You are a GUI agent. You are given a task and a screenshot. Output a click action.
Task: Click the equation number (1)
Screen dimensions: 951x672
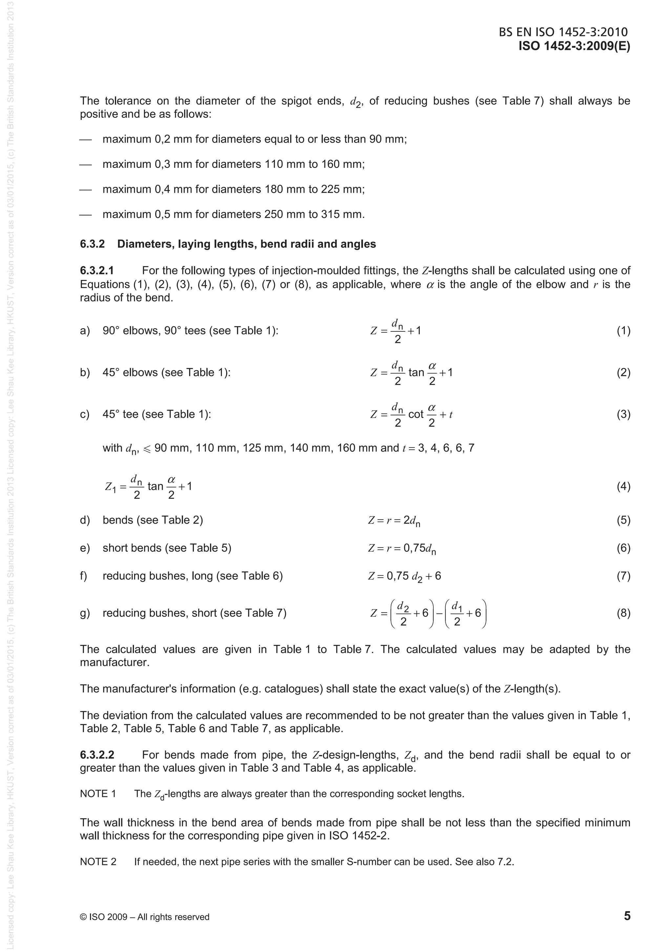click(623, 330)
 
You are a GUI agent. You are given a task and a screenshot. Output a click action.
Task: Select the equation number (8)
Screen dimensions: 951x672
click(623, 613)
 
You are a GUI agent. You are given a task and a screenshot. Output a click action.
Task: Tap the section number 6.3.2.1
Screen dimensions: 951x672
click(97, 271)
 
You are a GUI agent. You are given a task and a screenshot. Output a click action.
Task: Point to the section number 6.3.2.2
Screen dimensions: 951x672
click(97, 755)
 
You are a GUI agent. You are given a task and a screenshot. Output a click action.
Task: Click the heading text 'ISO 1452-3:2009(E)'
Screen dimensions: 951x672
click(574, 46)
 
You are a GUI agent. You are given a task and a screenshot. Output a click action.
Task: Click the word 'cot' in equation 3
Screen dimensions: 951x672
click(416, 414)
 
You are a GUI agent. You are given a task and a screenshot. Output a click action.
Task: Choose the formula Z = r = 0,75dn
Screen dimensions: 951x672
click(402, 549)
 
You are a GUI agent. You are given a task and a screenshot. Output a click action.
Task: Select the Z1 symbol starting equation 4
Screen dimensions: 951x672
click(111, 487)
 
